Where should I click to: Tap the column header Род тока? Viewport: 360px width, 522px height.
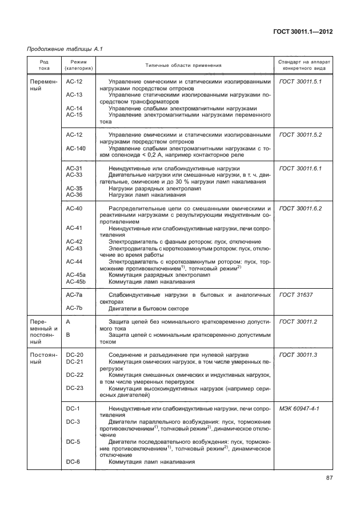pos(44,65)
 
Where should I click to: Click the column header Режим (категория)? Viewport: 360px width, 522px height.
pos(79,65)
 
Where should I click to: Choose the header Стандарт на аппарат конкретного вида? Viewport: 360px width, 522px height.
pos(303,65)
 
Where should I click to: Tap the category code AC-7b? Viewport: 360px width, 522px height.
pos(74,308)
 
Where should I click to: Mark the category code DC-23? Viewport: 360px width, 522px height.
pos(74,388)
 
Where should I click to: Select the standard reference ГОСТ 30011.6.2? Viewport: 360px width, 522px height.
pos(301,209)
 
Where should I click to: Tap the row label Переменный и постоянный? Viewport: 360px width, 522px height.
pos(44,332)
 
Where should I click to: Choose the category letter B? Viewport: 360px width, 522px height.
pos(68,335)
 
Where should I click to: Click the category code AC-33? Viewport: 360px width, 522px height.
pos(74,175)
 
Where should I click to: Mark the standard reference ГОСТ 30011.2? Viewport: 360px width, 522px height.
pos(298,322)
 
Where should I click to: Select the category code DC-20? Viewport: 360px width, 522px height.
pos(74,355)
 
